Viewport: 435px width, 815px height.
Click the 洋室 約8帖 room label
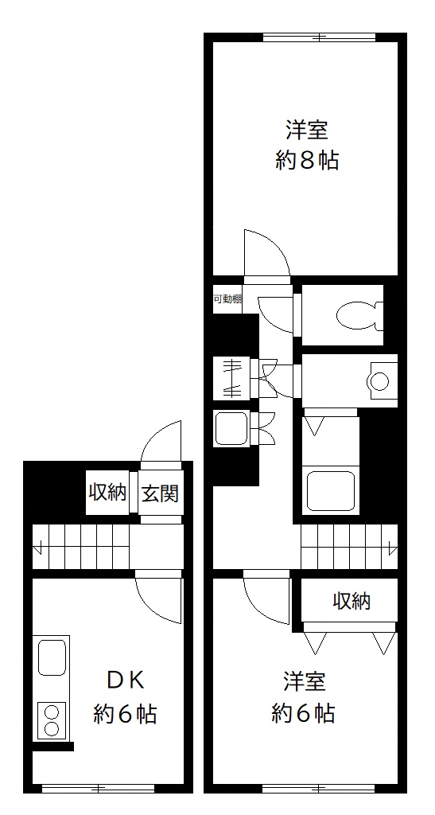coord(307,146)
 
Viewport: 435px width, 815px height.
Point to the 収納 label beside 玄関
coord(107,492)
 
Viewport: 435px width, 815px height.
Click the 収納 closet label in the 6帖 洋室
coord(351,602)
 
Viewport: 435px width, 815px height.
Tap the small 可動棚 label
coord(227,299)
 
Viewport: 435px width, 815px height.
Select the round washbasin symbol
coord(379,381)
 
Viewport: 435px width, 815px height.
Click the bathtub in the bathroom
coord(331,490)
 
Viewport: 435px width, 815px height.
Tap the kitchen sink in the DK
coord(52,657)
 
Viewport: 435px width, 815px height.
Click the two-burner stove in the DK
coord(52,719)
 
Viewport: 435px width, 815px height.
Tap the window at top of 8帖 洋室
coord(319,37)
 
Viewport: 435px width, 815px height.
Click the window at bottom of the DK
coord(98,789)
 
